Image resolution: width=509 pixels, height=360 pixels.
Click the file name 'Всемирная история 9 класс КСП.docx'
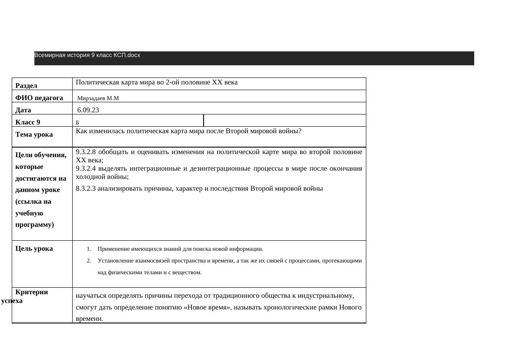[x=87, y=55]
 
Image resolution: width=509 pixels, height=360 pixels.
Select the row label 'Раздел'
[x=26, y=86]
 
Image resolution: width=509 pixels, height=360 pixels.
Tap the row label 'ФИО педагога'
[x=39, y=98]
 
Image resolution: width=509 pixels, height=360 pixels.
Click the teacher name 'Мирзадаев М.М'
[x=98, y=98]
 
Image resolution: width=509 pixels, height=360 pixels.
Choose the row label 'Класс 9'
[x=27, y=122]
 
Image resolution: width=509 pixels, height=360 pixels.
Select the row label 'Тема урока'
[x=34, y=135]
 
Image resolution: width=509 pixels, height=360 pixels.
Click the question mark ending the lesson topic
[x=300, y=131]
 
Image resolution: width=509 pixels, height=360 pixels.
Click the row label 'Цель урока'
[x=34, y=249]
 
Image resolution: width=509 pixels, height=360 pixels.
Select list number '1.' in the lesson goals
[x=89, y=249]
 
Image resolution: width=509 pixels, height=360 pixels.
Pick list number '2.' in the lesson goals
[x=89, y=261]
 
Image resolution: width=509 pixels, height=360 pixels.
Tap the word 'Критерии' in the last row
[x=31, y=292]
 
